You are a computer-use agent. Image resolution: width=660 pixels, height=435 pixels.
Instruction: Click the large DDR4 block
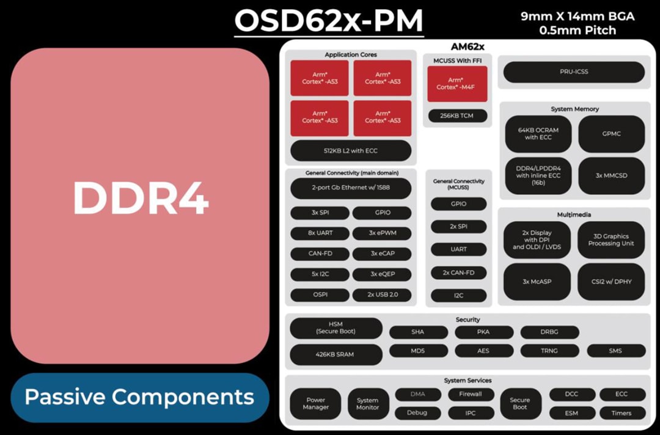140,206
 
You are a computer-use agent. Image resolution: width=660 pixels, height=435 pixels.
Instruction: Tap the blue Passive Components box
140,398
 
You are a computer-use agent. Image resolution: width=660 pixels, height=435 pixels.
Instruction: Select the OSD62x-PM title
329,20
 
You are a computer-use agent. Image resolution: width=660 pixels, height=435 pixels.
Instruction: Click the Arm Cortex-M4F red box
457,84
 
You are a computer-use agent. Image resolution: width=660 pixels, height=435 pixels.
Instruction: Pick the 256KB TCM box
457,115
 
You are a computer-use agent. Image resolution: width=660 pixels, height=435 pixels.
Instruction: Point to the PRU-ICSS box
574,72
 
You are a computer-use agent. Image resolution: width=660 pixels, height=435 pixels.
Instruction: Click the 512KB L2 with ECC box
350,151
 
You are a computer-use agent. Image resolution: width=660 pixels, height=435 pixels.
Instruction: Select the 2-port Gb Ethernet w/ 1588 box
350,188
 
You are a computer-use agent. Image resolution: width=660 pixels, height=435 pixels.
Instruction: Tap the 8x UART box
320,233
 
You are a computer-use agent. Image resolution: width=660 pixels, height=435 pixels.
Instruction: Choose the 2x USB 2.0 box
383,294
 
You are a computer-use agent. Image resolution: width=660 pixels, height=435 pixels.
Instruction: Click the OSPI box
320,294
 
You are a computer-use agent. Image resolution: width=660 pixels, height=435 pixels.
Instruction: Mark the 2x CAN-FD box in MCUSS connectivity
458,272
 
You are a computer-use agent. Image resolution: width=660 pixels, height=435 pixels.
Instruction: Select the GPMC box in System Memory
611,134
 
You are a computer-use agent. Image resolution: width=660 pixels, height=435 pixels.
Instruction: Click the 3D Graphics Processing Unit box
611,240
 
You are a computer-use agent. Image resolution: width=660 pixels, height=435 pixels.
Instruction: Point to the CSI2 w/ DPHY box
611,282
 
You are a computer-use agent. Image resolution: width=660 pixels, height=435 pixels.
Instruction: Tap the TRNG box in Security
549,351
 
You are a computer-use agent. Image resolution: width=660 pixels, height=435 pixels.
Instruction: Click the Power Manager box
315,404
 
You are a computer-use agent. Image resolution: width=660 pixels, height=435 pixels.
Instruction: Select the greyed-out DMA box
417,395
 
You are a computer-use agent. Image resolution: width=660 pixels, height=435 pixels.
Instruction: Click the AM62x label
467,46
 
